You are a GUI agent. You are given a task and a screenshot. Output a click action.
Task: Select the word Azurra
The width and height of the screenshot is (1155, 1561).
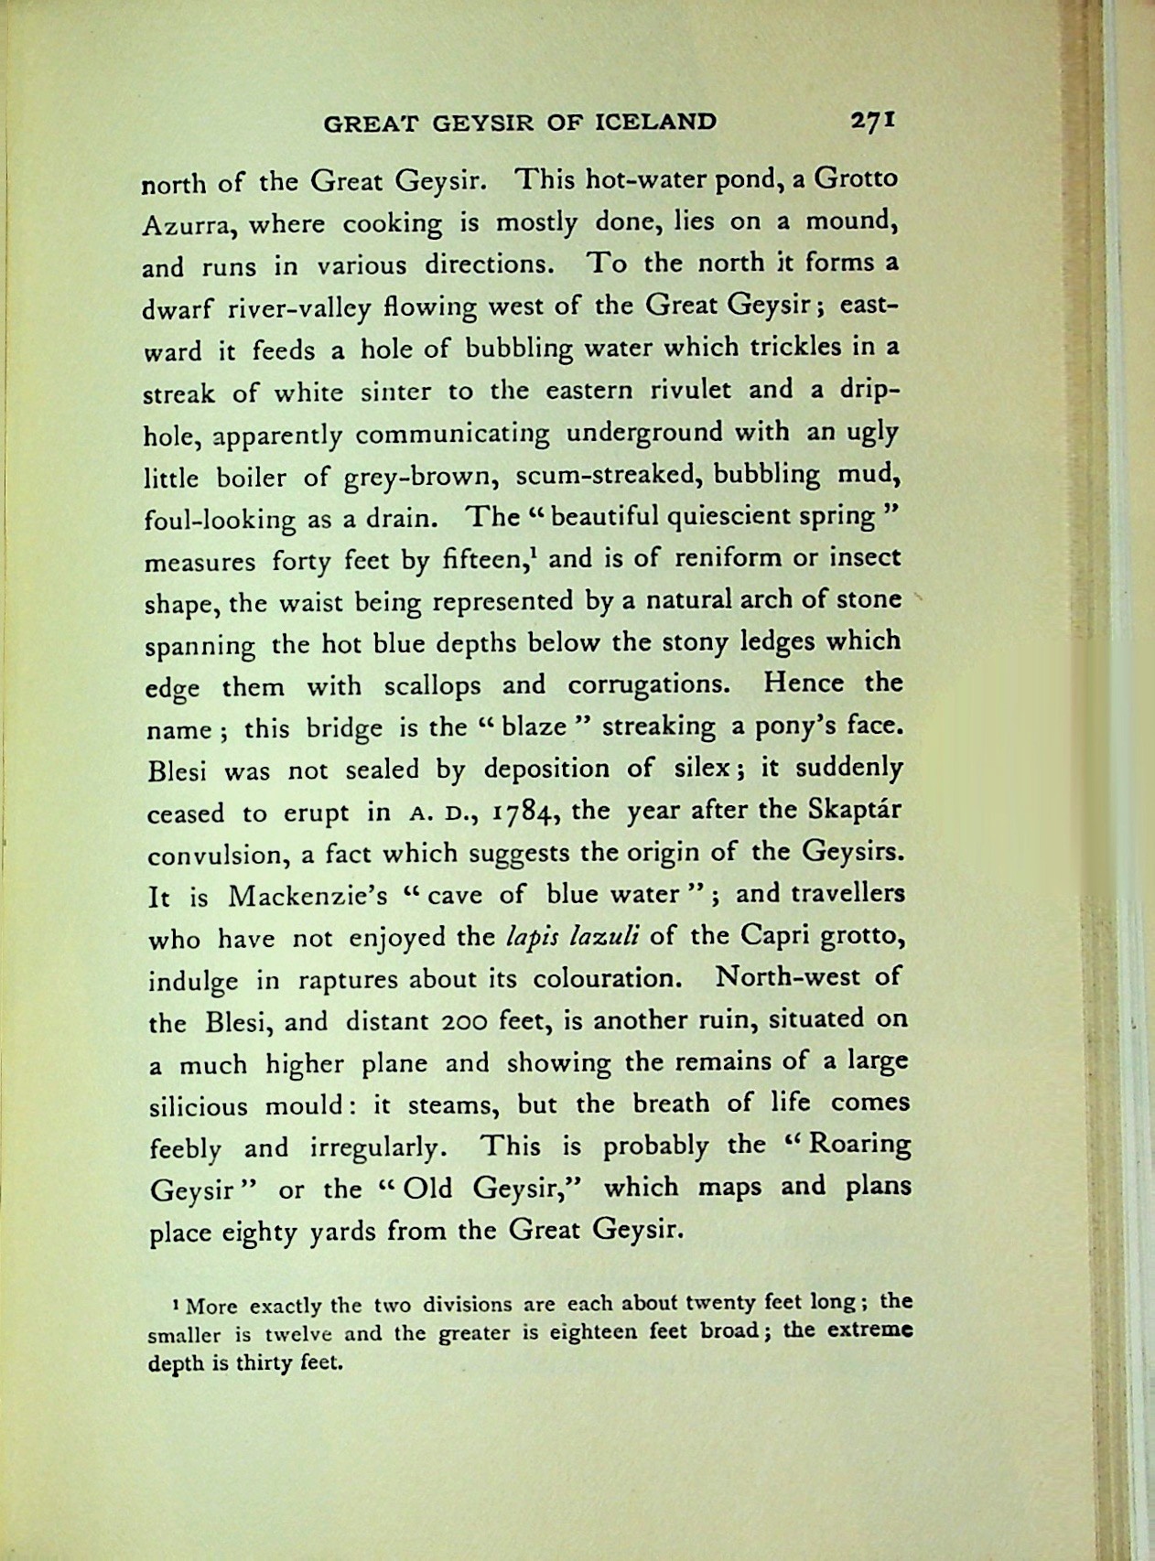[187, 224]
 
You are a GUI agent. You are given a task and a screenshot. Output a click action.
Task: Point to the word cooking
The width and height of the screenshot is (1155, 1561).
[392, 222]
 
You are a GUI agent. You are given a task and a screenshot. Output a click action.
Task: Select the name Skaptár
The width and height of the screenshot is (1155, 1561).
[856, 812]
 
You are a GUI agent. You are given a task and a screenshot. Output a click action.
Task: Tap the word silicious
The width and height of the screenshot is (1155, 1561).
[198, 1105]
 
